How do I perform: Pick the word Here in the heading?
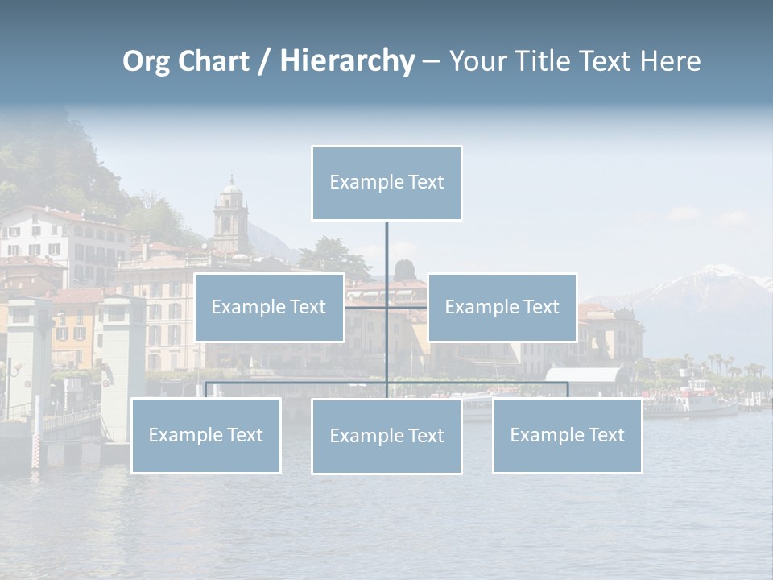tap(670, 61)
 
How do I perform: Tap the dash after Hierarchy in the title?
tap(431, 62)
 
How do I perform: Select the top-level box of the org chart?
tap(386, 183)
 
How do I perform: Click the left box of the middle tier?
tap(269, 307)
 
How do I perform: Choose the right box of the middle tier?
tap(502, 307)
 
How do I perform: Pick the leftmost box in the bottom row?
tap(206, 435)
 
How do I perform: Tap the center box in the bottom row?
tap(386, 436)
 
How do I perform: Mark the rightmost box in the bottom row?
tap(567, 435)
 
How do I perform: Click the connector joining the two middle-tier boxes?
tap(386, 307)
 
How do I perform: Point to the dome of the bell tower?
tap(231, 189)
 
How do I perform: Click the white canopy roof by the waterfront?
tap(585, 375)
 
